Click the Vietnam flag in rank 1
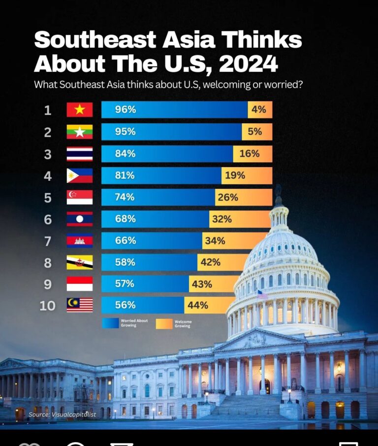(79, 110)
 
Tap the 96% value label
(125, 110)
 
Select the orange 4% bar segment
(259, 110)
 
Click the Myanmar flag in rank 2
(79, 132)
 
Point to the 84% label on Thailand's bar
(125, 154)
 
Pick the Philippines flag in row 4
(79, 175)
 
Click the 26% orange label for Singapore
(227, 197)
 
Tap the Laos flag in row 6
(79, 219)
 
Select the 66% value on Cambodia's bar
(125, 240)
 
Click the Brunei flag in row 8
(79, 262)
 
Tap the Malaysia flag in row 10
(79, 305)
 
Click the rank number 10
(47, 306)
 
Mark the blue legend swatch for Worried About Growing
(110, 323)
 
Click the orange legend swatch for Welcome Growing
(164, 324)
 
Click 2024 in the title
(248, 64)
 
